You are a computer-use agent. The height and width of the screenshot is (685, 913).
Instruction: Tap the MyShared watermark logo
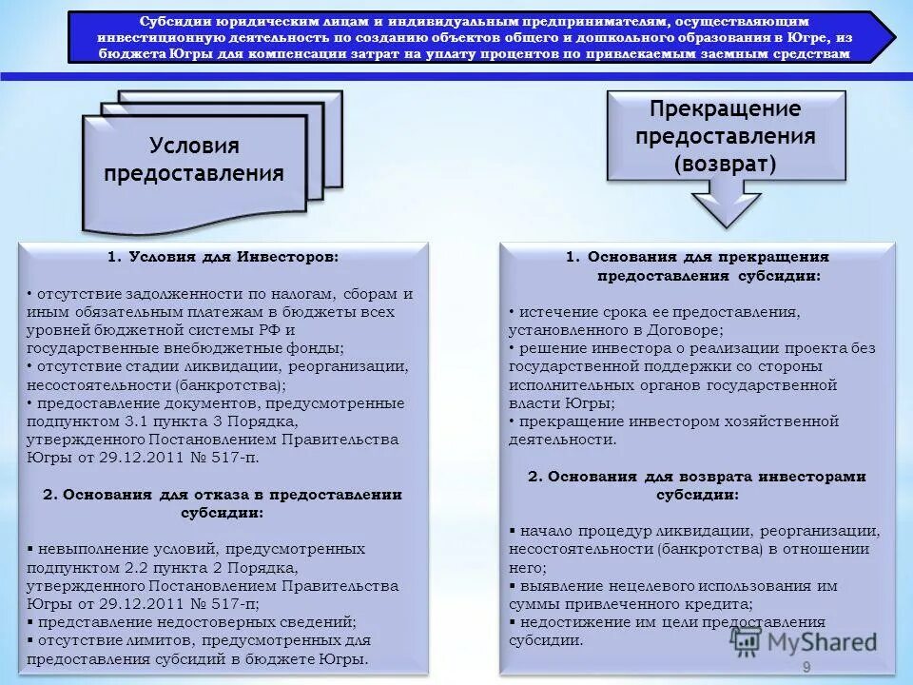tap(805, 640)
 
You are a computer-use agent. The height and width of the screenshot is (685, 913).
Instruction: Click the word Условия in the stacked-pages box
tap(194, 147)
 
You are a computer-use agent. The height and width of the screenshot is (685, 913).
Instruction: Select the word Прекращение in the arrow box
tap(725, 108)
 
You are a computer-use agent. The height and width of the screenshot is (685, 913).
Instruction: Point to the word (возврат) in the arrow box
tap(725, 163)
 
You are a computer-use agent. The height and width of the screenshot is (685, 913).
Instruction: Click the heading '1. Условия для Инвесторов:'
tap(223, 257)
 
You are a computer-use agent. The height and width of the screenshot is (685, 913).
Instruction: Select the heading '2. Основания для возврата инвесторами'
tap(697, 477)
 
